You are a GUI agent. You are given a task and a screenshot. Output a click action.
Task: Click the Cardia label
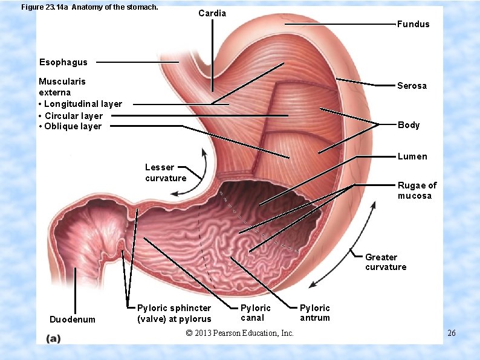pos(212,13)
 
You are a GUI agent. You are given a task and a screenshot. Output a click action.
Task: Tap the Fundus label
pos(413,24)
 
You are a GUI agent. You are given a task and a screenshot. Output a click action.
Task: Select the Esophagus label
pos(63,62)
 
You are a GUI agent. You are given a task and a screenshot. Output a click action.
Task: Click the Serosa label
pos(412,86)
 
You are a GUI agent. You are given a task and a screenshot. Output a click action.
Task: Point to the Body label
pos(408,125)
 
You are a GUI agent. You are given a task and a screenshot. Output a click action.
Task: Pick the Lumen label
pos(412,156)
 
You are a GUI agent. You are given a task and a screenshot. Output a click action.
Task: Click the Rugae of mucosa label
pos(417,190)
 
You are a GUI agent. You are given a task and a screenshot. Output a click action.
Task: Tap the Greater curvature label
pos(386,262)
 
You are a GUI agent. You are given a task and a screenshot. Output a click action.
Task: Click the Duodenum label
pos(72,319)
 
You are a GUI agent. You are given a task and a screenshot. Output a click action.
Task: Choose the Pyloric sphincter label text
pos(174,313)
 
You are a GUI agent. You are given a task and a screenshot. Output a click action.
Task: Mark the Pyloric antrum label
pos(315,313)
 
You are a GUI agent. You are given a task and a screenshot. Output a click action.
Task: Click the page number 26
pos(452,333)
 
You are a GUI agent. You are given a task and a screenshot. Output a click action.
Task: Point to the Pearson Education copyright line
pos(240,333)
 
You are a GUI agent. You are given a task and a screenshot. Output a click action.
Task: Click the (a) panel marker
pos(54,339)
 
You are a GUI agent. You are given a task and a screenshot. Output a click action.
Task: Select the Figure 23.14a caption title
pos(89,8)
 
